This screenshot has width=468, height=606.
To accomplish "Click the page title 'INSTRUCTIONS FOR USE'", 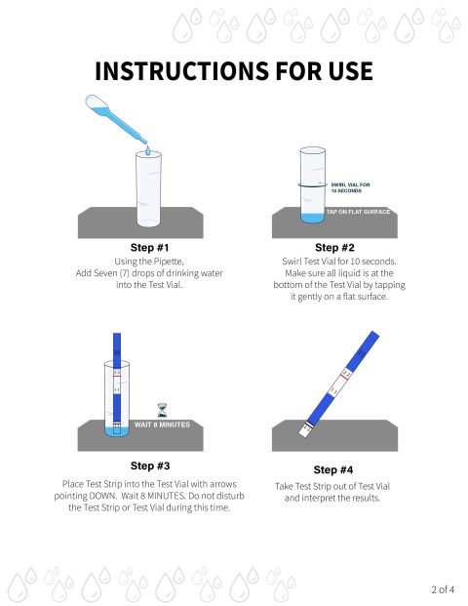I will (234, 72).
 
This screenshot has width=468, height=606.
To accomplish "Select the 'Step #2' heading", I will (334, 247).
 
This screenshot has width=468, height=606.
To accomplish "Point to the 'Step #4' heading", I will (334, 469).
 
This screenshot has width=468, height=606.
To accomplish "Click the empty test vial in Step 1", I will (147, 190).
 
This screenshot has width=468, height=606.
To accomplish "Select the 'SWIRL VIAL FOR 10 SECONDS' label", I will (352, 187).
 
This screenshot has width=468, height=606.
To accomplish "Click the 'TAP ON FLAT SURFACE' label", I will (359, 212).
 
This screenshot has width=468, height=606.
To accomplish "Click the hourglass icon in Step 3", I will (162, 410).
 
